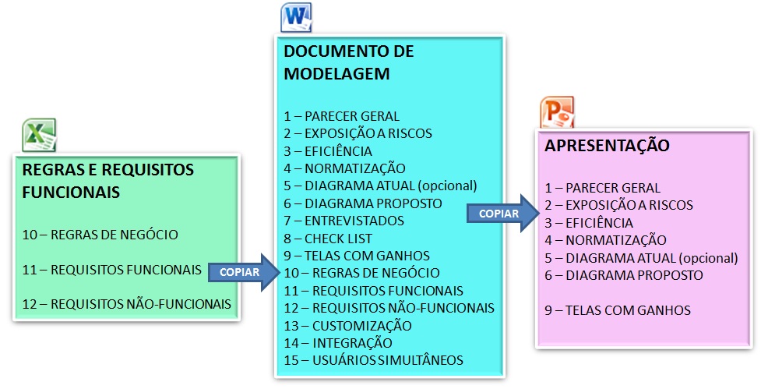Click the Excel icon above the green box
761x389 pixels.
[39, 135]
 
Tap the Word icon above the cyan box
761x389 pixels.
[296, 17]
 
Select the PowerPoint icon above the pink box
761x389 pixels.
[557, 112]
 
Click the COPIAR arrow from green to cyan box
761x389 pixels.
[245, 272]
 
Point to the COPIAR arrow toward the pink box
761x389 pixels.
[503, 213]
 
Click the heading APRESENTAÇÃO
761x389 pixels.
[607, 145]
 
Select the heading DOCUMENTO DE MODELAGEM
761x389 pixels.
[349, 62]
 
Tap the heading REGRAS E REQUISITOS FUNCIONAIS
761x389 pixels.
[108, 181]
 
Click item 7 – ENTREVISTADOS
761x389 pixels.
[344, 221]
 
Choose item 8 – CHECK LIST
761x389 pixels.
[328, 239]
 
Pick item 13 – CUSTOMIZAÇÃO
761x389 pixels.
[348, 325]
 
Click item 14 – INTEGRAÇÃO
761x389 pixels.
[338, 343]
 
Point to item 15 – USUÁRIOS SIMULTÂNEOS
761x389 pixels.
[374, 360]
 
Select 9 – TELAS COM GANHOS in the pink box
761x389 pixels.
[618, 309]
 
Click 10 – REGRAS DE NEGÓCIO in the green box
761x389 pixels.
[100, 235]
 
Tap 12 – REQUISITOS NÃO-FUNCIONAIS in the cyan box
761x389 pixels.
[389, 308]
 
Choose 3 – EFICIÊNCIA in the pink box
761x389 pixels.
[589, 222]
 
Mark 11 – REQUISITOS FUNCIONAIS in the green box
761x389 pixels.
[111, 270]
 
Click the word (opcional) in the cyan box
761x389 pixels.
[447, 186]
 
